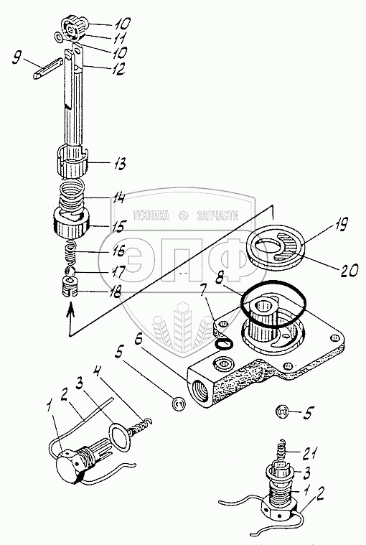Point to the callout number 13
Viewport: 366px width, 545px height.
click(118, 163)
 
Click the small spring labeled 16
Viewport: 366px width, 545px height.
click(70, 253)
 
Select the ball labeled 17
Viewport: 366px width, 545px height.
click(70, 271)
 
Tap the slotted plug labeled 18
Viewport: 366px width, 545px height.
click(70, 287)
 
